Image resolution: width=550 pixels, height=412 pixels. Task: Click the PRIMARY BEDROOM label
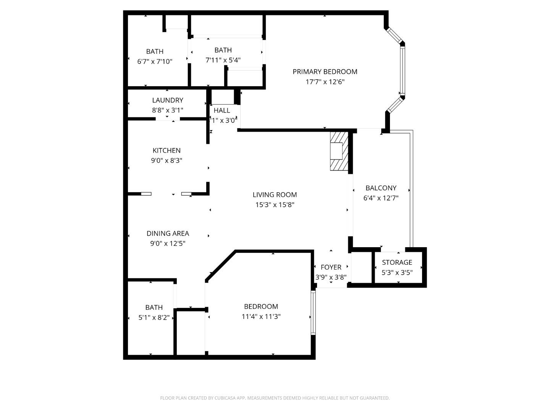point(325,72)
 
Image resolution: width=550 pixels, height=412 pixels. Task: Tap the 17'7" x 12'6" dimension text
point(325,82)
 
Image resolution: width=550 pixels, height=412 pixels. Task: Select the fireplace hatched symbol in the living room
point(339,151)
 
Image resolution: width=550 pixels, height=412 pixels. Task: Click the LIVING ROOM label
point(275,195)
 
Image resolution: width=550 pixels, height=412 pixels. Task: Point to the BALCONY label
point(381,188)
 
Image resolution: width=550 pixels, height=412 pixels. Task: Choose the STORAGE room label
point(397,262)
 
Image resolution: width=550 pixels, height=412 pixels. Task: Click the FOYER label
point(331,267)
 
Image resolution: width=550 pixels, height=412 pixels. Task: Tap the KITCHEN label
point(167,151)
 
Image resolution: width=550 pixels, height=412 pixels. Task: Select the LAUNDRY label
point(167,100)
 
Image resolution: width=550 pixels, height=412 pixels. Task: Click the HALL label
point(222,111)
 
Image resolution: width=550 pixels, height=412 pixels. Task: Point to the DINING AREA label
point(168,233)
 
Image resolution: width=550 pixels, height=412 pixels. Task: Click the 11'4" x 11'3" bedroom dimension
point(261,317)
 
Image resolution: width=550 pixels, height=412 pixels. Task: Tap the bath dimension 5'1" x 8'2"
point(154,317)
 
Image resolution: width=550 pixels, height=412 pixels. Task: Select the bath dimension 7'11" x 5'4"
point(223,60)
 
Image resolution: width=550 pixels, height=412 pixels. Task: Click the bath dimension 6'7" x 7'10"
point(155,61)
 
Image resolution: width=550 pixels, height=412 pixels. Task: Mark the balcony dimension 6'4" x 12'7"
point(381,198)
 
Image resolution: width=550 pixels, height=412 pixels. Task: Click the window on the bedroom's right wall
point(313,313)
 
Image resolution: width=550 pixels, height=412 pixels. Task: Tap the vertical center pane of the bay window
point(402,69)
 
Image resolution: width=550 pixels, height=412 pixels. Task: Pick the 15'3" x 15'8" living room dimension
point(275,205)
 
